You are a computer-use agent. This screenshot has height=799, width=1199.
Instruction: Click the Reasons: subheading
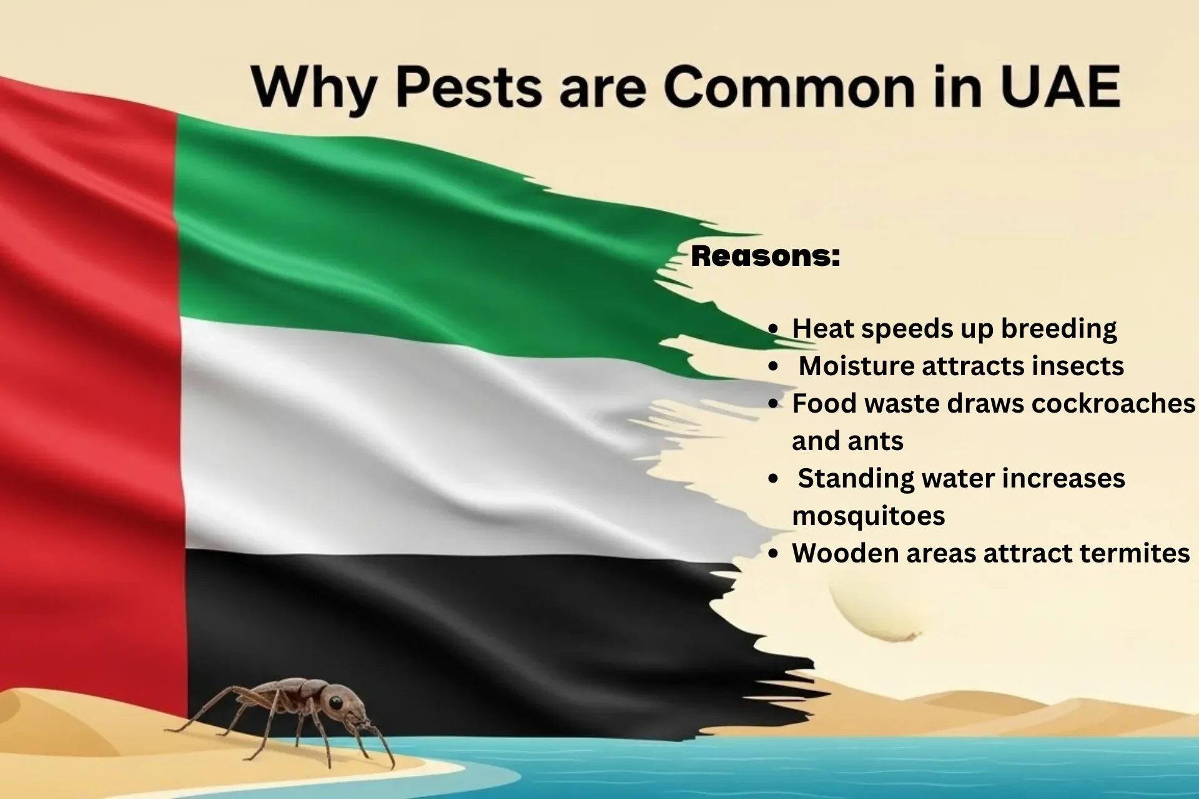766,256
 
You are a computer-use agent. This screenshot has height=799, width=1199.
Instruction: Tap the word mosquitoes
868,516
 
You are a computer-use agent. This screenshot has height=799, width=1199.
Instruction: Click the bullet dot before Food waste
774,404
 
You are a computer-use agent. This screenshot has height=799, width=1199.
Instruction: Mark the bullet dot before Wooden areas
774,554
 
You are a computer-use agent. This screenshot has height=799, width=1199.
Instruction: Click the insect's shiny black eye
336,703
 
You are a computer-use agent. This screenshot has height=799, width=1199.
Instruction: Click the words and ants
847,441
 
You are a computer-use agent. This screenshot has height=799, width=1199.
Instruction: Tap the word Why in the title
312,87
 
